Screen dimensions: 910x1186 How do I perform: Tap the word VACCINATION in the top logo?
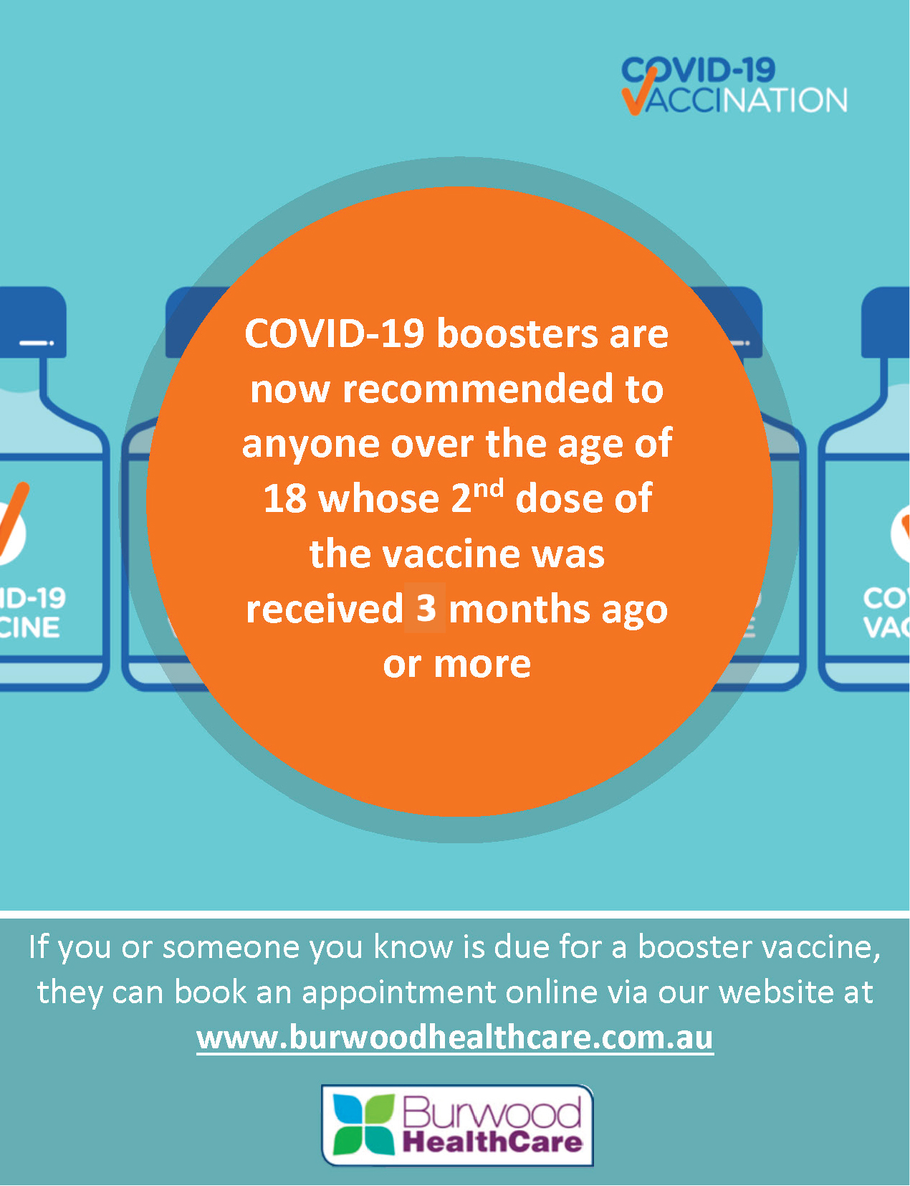coord(735,100)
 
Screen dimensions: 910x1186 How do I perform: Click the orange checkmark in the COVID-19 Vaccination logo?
coord(638,92)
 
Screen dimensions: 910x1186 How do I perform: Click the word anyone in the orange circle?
coord(311,445)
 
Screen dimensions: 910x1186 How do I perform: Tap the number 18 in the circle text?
coord(284,499)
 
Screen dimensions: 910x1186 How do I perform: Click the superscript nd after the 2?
coord(488,489)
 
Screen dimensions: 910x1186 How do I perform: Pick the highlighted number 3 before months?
coord(426,608)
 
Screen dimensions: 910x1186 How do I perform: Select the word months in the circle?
coord(519,609)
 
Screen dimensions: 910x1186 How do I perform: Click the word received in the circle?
coord(325,609)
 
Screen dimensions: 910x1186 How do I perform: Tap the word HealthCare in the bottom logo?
coord(492,1143)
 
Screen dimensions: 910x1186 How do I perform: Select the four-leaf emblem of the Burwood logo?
coord(364,1124)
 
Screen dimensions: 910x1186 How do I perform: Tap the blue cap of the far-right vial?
coord(886,323)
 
